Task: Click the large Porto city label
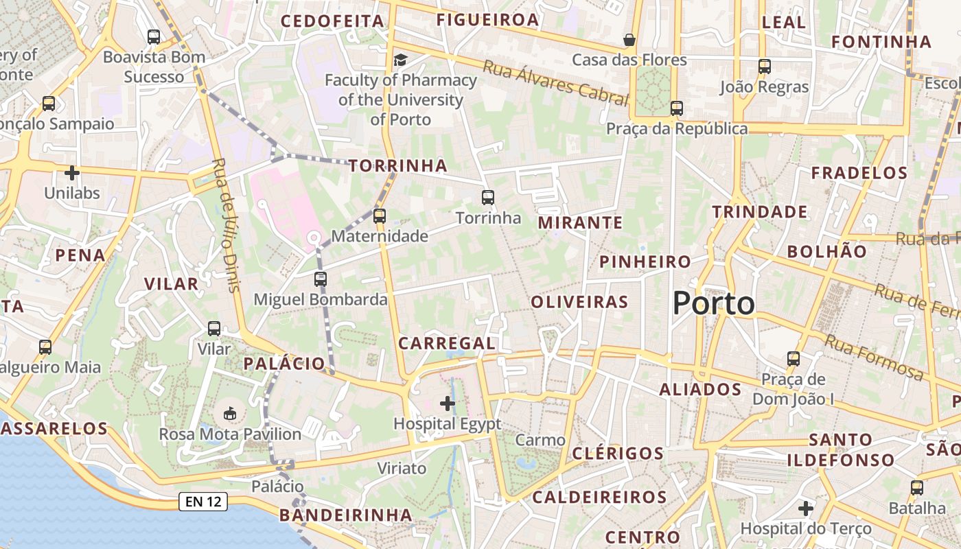coord(713,303)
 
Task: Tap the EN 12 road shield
coord(203,502)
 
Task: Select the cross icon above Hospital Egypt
coord(448,404)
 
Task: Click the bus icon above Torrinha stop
coord(488,198)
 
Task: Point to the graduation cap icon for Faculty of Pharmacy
coord(400,60)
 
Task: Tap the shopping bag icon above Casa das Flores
coord(629,40)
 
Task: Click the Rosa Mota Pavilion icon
coord(230,413)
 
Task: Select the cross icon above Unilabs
coord(72,172)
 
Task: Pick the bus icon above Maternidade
coord(380,216)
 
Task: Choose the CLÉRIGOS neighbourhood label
coord(618,454)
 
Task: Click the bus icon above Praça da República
coord(677,108)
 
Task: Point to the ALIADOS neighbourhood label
coord(700,390)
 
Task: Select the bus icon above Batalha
coord(917,488)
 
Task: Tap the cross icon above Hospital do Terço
coord(806,509)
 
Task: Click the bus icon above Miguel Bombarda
coord(321,279)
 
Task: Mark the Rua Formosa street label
coord(874,357)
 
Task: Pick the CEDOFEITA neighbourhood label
coord(332,21)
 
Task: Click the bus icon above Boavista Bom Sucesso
coord(154,37)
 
